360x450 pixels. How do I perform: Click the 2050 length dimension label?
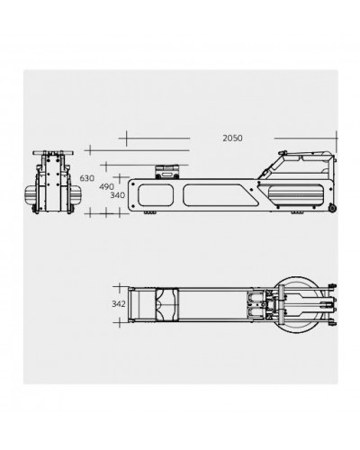point(232,139)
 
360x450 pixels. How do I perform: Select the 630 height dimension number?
point(87,178)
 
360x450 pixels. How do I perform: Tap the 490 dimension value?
point(106,187)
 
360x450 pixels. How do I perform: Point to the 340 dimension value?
point(118,195)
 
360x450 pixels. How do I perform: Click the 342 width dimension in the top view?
point(119,304)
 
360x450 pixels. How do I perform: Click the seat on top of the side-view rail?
point(166,172)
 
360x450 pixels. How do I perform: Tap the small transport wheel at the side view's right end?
point(332,208)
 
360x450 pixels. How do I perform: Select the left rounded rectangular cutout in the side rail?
point(156,195)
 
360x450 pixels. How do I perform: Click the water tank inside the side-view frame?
point(296,195)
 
